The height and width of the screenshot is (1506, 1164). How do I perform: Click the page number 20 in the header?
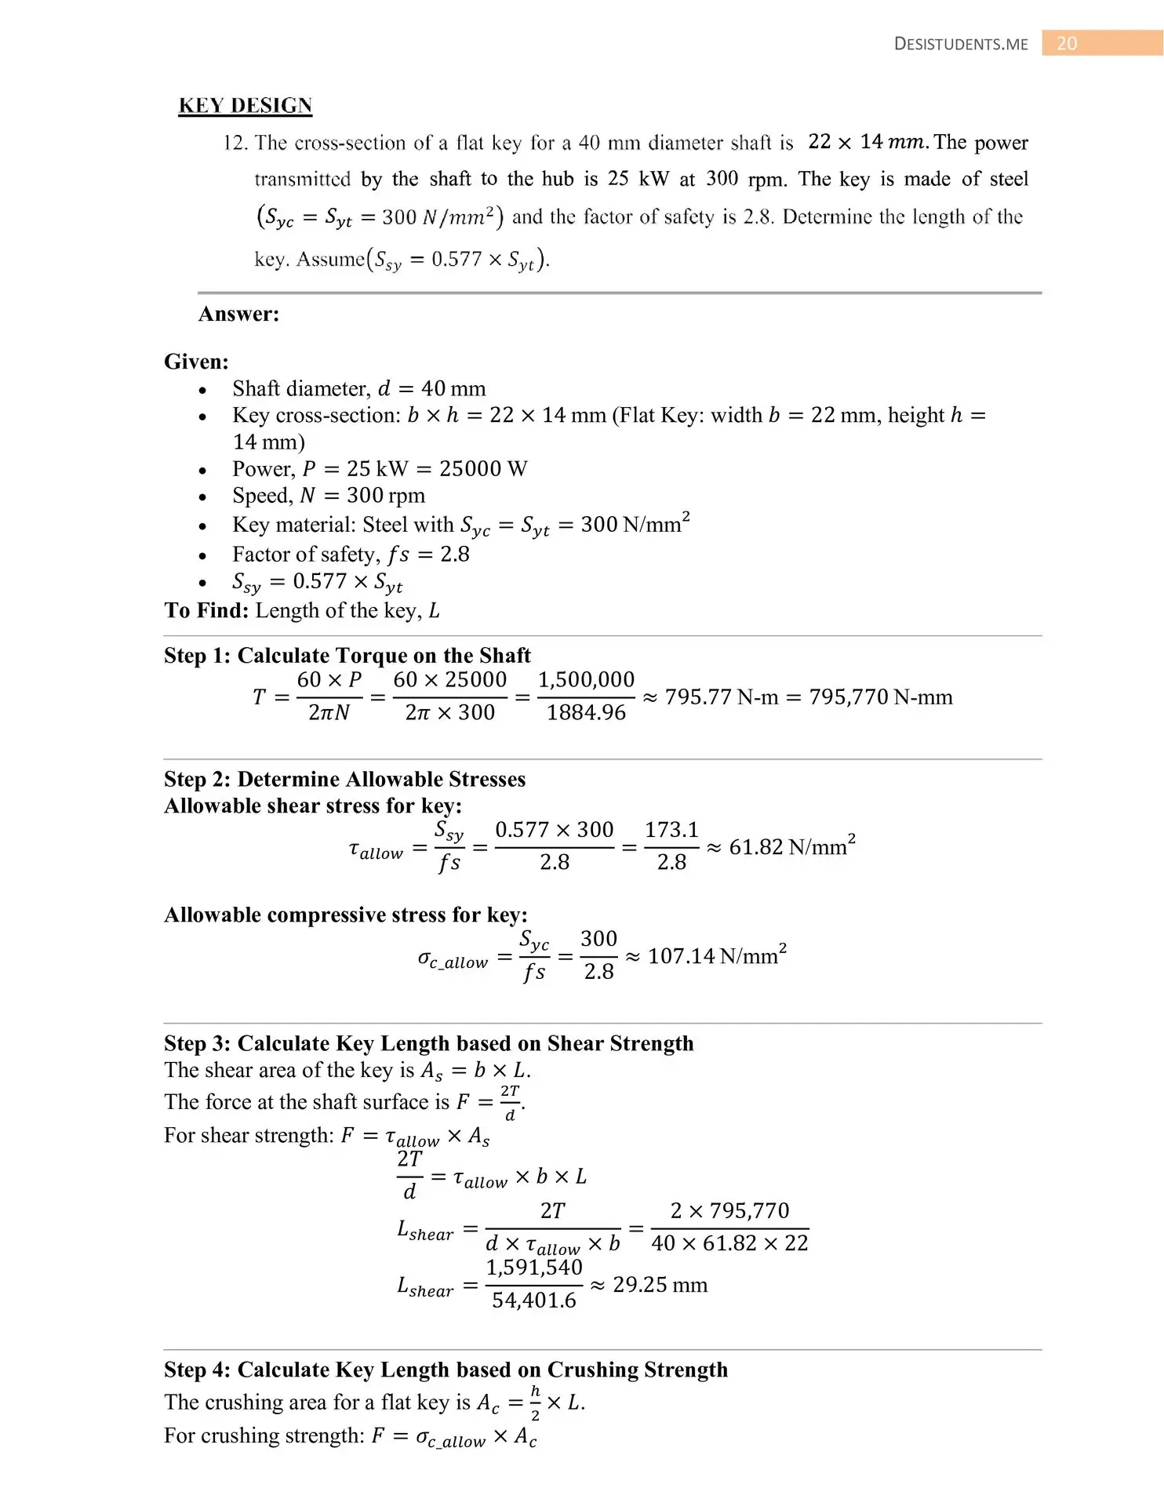point(1067,43)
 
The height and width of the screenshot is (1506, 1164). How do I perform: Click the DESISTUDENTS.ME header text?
point(960,44)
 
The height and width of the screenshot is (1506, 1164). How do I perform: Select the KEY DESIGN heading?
point(246,106)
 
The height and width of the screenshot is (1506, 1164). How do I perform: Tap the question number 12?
point(235,143)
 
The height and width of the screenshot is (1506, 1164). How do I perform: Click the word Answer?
point(238,314)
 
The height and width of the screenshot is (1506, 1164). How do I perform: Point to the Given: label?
point(196,362)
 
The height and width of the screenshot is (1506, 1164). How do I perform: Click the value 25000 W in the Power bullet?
point(483,468)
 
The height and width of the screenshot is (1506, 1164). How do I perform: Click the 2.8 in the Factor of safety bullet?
point(455,555)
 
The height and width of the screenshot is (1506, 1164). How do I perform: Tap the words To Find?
point(206,610)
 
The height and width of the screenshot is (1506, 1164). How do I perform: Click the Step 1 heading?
point(347,655)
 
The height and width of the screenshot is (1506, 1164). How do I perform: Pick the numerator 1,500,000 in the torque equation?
point(586,680)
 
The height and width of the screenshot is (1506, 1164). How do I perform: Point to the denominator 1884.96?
point(586,712)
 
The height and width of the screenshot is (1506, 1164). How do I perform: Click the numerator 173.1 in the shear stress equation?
point(671,830)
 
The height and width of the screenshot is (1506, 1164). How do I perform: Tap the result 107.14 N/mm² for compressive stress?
point(716,955)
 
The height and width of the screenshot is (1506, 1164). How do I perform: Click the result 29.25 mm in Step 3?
point(660,1285)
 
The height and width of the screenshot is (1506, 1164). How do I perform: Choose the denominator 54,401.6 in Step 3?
point(534,1300)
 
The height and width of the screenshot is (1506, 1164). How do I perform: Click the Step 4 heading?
point(446,1370)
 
